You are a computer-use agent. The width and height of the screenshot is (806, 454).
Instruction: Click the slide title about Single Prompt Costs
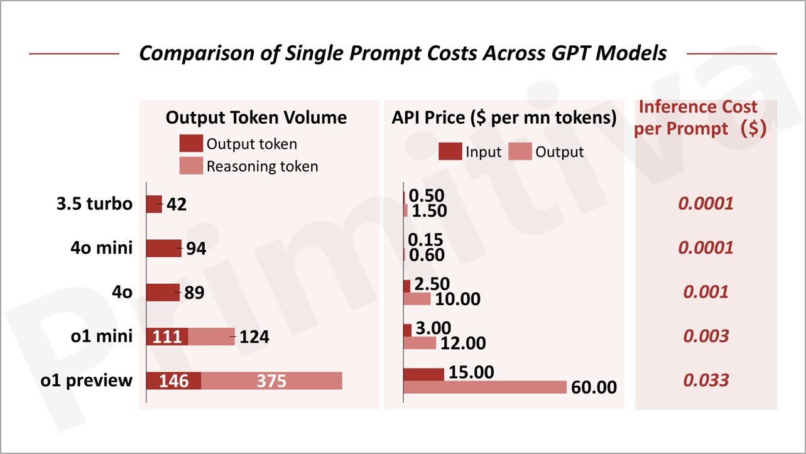402,53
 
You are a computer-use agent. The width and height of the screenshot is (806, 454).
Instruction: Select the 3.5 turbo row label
93,204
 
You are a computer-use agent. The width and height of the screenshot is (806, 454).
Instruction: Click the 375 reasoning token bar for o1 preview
271,381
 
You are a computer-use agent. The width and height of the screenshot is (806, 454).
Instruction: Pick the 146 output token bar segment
173,381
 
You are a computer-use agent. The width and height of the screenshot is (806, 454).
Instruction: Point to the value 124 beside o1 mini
254,337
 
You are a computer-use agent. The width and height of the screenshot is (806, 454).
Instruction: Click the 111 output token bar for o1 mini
167,337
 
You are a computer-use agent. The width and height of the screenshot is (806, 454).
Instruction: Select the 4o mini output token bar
163,249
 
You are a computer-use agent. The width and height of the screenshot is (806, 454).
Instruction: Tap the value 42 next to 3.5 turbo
176,205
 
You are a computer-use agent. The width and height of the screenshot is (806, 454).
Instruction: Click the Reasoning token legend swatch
191,166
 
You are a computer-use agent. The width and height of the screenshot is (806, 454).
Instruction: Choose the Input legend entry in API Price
470,152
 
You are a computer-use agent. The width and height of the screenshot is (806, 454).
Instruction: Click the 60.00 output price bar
484,387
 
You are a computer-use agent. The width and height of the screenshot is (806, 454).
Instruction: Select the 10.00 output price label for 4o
457,300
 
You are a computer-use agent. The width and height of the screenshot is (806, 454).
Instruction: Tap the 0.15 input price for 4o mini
425,240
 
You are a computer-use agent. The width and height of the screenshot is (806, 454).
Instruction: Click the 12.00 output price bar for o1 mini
419,343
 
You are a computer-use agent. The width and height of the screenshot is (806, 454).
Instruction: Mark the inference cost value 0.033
706,381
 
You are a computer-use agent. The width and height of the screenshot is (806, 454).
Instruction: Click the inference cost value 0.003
706,336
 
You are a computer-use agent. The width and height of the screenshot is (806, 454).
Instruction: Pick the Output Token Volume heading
256,117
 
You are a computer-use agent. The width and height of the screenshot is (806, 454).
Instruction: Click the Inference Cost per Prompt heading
699,117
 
